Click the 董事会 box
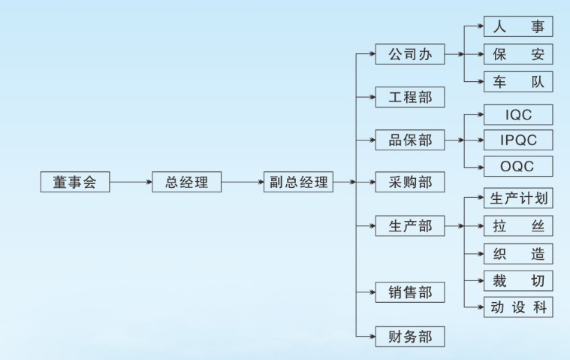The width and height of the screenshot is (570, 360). click(x=74, y=182)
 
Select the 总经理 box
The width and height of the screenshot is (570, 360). click(x=186, y=182)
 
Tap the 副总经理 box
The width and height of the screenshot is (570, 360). click(x=298, y=182)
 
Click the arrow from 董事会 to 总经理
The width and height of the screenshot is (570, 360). click(x=130, y=182)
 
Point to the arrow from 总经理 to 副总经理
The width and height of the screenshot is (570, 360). click(x=243, y=182)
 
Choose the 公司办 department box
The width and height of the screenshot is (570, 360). click(x=410, y=54)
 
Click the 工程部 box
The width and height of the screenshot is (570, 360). click(x=410, y=97)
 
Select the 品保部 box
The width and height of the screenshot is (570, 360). click(x=410, y=140)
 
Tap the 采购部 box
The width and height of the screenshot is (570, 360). click(x=410, y=182)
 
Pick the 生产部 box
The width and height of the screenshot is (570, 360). click(x=410, y=225)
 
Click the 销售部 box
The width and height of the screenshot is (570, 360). click(x=410, y=292)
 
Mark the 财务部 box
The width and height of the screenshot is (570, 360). click(x=410, y=336)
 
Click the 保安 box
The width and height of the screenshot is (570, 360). click(x=518, y=54)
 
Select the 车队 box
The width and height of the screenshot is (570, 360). click(x=518, y=81)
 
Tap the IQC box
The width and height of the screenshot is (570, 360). click(x=518, y=114)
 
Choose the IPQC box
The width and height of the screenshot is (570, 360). click(x=518, y=140)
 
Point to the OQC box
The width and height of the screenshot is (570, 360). click(x=518, y=166)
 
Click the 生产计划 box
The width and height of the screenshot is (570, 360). click(x=518, y=199)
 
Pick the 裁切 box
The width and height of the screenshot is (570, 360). click(x=518, y=281)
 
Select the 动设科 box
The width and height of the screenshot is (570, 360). click(x=518, y=307)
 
